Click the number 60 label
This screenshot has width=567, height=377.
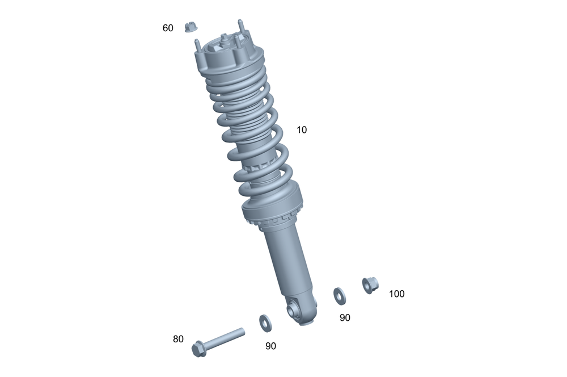pyautogui.click(x=168, y=28)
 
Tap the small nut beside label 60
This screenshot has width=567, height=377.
pyautogui.click(x=191, y=27)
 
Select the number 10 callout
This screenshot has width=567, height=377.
pyautogui.click(x=302, y=129)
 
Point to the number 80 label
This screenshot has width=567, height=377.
pyautogui.click(x=178, y=339)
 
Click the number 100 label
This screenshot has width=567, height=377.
pyautogui.click(x=397, y=294)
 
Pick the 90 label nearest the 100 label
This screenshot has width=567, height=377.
pyautogui.click(x=345, y=317)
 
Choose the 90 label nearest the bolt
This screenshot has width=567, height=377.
pyautogui.click(x=270, y=346)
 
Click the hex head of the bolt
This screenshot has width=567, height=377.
pyautogui.click(x=199, y=349)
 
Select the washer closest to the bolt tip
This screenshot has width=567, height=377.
pyautogui.click(x=266, y=323)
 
